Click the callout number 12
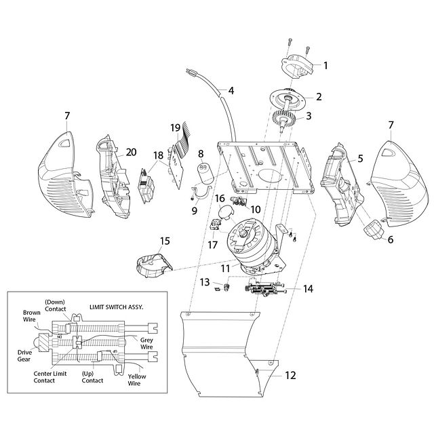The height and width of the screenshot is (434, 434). click(290, 375)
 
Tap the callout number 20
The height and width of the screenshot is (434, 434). click(131, 152)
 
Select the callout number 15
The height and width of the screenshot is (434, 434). click(165, 241)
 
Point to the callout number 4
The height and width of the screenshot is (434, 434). click(231, 90)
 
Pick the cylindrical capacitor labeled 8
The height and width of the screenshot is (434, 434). click(205, 174)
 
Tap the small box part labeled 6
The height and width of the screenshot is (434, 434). click(373, 229)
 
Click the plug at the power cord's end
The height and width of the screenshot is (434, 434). click(191, 73)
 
